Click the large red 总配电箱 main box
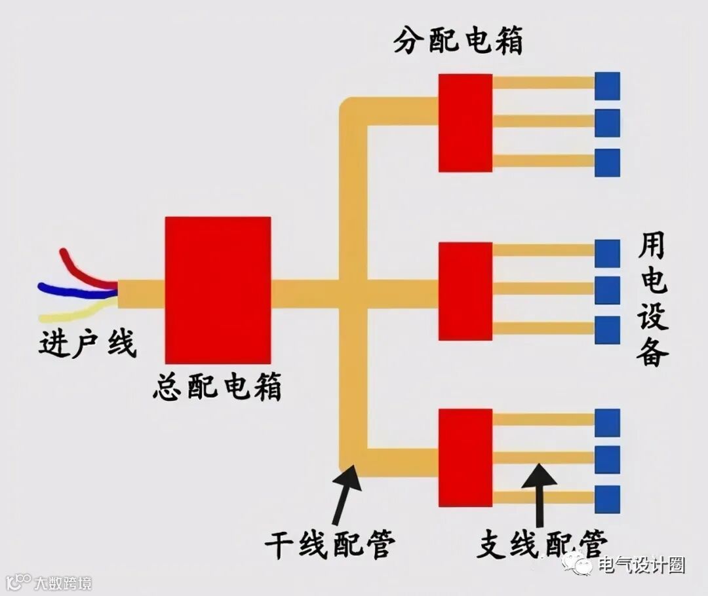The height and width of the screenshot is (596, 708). click(218, 289)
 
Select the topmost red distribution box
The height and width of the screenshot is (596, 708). click(465, 122)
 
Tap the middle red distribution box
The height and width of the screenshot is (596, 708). click(465, 291)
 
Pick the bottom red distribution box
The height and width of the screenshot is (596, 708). click(465, 457)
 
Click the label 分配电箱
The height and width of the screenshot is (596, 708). click(458, 41)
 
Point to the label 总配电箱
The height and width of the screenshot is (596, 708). click(218, 387)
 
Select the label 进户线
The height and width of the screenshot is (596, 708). click(87, 343)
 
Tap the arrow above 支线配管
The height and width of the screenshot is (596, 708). click(540, 491)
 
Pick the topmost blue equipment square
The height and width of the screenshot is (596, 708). click(607, 86)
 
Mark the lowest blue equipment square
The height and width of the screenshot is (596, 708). click(607, 499)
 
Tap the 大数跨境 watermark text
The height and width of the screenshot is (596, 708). click(63, 582)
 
